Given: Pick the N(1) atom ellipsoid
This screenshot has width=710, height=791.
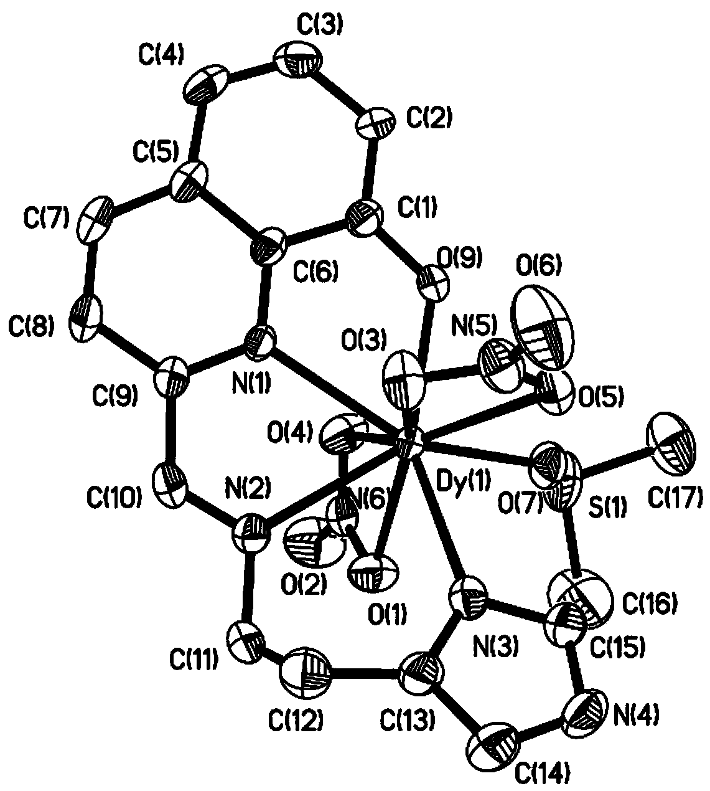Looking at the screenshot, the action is point(261,339).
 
